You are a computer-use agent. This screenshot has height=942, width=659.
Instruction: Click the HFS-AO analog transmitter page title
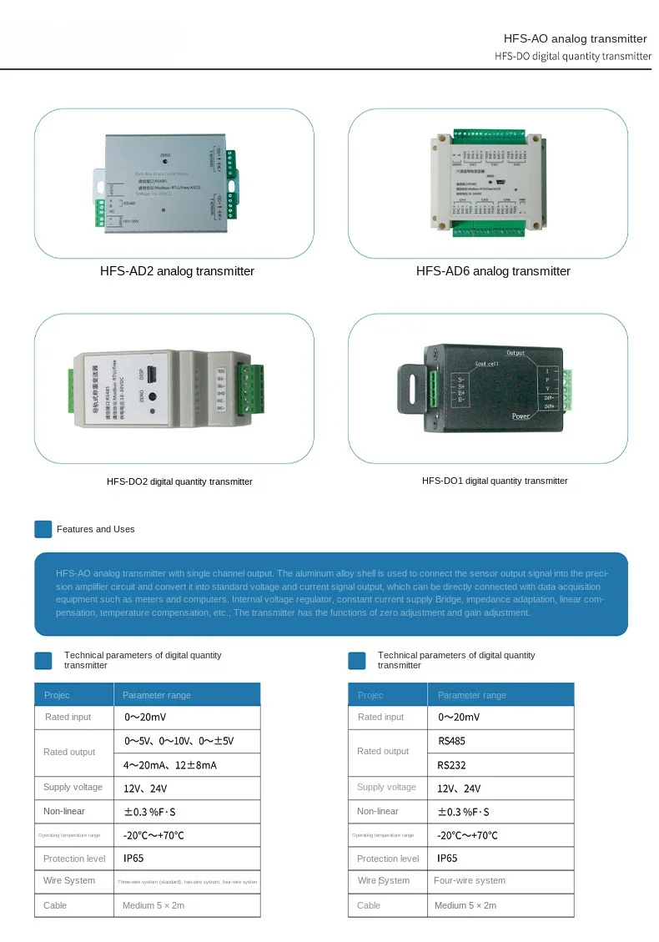click(575, 38)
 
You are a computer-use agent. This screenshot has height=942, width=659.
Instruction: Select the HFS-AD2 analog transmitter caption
click(177, 271)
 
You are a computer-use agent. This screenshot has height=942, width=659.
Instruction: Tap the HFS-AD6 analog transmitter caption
click(493, 271)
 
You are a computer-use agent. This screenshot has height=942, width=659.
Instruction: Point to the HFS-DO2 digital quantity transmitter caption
click(179, 481)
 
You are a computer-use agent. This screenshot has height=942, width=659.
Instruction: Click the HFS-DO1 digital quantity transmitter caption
click(495, 481)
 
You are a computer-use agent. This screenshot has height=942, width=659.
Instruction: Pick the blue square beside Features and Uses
click(43, 529)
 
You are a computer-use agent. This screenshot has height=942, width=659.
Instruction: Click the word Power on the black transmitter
click(521, 416)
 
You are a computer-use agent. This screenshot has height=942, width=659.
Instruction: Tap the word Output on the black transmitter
click(516, 353)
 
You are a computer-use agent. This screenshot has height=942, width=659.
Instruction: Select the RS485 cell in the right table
click(451, 740)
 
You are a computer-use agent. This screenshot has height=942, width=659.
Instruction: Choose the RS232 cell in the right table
click(451, 764)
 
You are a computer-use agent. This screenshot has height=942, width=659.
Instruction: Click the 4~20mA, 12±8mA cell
click(170, 764)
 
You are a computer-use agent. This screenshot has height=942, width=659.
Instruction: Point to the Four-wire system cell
click(470, 880)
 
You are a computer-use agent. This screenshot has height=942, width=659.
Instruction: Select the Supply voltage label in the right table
click(386, 787)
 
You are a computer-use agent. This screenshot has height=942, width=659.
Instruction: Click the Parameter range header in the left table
click(157, 695)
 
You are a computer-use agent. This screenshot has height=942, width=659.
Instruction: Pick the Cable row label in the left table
click(55, 905)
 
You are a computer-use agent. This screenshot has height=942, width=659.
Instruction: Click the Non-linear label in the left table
click(64, 811)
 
